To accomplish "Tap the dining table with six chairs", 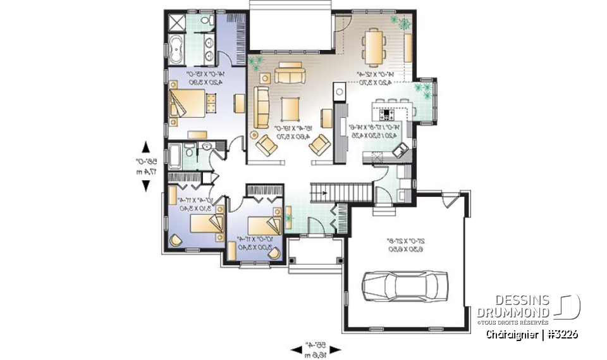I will coord(374,46).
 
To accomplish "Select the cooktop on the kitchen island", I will coord(387,115).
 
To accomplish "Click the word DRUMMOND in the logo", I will coord(513,313).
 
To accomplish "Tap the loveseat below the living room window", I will coord(290,73).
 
